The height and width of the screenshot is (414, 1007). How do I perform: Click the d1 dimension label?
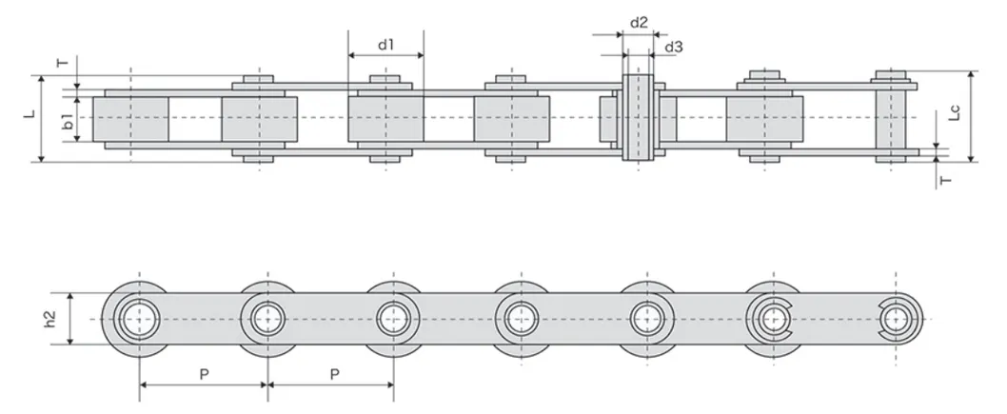[x=385, y=45]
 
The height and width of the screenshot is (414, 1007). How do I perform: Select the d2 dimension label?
[x=639, y=23]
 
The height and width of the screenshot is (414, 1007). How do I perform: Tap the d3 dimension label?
[x=674, y=47]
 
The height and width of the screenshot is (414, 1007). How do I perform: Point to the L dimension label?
[x=29, y=113]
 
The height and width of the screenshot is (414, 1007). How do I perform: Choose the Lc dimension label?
[x=955, y=113]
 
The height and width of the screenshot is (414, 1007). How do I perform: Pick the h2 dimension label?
[x=50, y=319]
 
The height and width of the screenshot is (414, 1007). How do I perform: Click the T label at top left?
[x=62, y=63]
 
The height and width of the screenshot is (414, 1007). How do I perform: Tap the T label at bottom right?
[x=945, y=181]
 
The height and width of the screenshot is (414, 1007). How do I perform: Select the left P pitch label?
[x=204, y=374]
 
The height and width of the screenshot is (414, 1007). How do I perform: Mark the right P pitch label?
[x=334, y=374]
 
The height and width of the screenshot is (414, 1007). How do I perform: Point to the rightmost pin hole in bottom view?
[x=896, y=319]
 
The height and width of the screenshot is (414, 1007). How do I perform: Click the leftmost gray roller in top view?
[x=131, y=119]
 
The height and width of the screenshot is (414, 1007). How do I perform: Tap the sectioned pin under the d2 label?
[x=639, y=117]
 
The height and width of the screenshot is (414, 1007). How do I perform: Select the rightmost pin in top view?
[x=891, y=116]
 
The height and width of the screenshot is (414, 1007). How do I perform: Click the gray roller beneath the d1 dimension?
[x=385, y=119]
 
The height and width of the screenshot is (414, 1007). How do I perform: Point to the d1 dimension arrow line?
[x=385, y=56]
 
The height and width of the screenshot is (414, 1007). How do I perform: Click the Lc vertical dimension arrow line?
[x=971, y=116]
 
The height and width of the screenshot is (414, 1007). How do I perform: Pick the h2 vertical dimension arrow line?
[x=69, y=319]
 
